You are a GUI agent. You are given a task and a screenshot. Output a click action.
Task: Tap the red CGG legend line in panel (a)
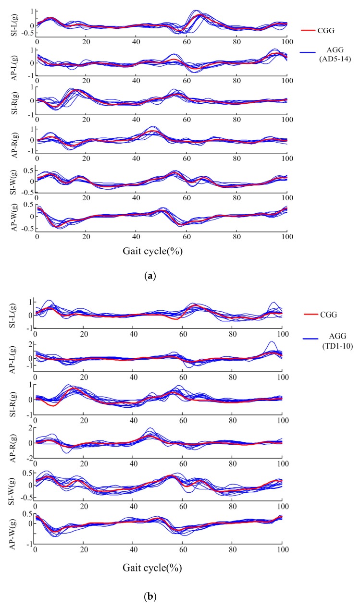pyautogui.click(x=308, y=30)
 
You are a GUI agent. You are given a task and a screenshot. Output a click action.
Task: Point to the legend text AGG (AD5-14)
pyautogui.click(x=335, y=54)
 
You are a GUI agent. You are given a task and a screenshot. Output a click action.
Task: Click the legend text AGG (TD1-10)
pyautogui.click(x=337, y=341)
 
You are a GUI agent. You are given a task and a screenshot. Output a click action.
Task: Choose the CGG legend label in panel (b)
pyautogui.click(x=328, y=315)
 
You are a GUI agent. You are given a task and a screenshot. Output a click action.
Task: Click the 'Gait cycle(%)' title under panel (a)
pyautogui.click(x=152, y=251)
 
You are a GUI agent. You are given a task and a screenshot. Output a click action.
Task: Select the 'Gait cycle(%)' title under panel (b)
pyautogui.click(x=152, y=568)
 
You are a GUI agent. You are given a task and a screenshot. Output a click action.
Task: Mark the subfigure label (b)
pyautogui.click(x=149, y=596)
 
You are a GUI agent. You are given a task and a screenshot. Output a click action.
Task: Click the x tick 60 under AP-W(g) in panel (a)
pyautogui.click(x=186, y=237)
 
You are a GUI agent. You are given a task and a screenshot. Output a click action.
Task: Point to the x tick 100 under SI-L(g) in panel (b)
pyautogui.click(x=283, y=334)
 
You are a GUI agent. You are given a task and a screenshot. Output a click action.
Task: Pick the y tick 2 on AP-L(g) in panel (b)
pyautogui.click(x=30, y=344)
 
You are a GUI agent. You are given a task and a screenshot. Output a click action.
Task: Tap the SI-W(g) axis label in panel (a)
pyautogui.click(x=14, y=182)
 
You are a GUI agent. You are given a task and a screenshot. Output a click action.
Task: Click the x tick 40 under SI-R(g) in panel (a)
pyautogui.click(x=136, y=120)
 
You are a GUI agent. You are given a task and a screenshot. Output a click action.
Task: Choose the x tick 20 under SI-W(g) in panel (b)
pyautogui.click(x=84, y=506)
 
